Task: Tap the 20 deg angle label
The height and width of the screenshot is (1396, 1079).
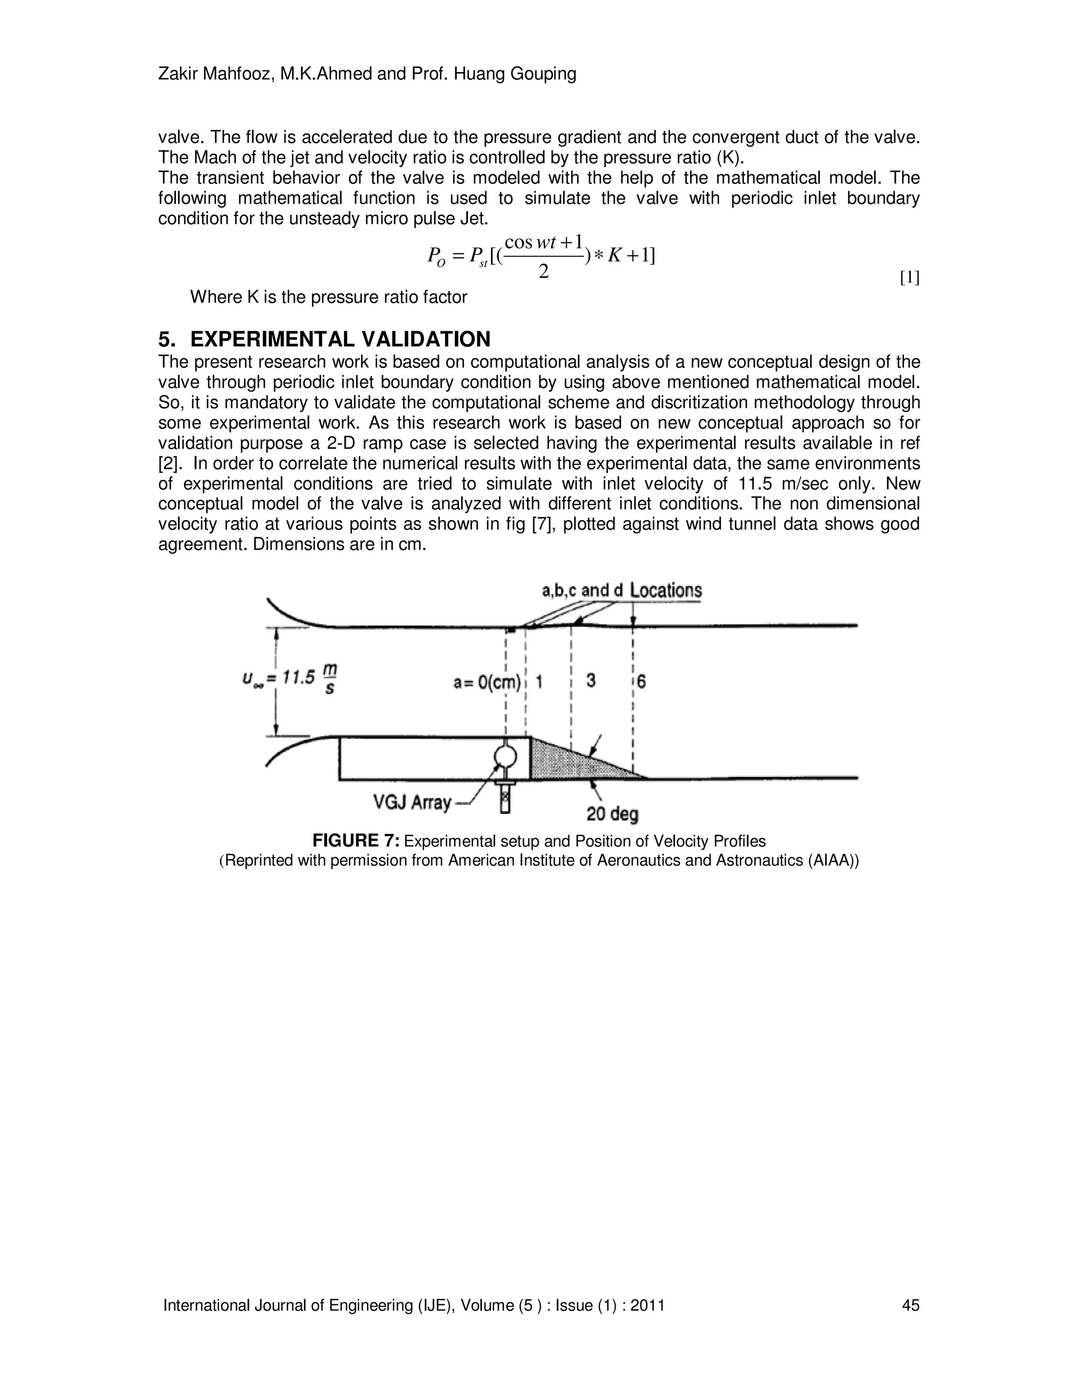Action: click(612, 814)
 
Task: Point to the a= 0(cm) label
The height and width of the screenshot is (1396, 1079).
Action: click(487, 682)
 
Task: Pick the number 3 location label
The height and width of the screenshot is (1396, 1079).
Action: click(591, 681)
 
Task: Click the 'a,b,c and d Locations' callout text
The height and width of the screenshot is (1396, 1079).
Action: click(621, 590)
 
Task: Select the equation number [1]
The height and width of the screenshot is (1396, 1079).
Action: click(909, 278)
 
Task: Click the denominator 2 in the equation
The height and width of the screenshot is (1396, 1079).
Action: click(543, 272)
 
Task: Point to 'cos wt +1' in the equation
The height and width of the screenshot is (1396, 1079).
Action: click(543, 243)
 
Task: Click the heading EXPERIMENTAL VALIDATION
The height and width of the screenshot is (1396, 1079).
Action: click(340, 339)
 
